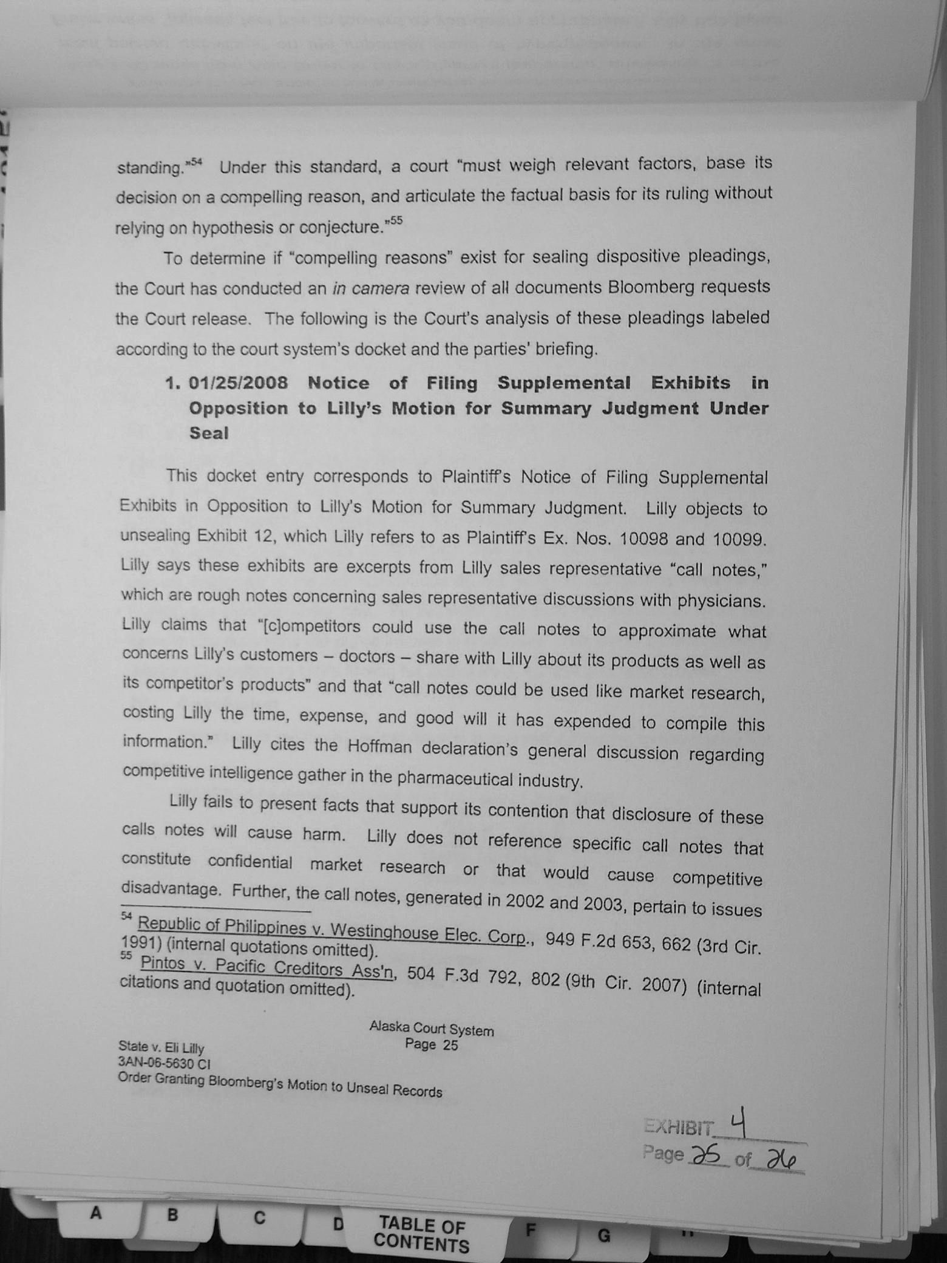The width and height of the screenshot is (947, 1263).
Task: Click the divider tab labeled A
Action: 95,1213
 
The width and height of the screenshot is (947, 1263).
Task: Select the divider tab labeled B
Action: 172,1215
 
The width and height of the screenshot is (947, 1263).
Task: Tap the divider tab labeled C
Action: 259,1217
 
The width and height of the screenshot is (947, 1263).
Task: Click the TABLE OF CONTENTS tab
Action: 421,1234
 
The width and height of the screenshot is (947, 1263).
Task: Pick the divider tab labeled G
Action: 603,1236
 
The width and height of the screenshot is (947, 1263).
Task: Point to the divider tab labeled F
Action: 531,1230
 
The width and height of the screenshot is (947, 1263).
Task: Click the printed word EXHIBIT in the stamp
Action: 679,1128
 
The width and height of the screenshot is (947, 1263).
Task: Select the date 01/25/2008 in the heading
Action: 238,383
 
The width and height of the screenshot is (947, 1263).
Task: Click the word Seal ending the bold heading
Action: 209,433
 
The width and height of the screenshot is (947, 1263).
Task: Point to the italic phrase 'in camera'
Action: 370,288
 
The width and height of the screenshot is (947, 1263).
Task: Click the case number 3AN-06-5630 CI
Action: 164,1063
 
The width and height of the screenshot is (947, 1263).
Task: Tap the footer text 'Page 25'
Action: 432,1044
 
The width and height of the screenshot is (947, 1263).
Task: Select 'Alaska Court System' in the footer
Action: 432,1029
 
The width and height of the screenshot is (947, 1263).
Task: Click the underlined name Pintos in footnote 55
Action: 164,964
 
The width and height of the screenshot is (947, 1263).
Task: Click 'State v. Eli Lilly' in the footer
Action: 161,1047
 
